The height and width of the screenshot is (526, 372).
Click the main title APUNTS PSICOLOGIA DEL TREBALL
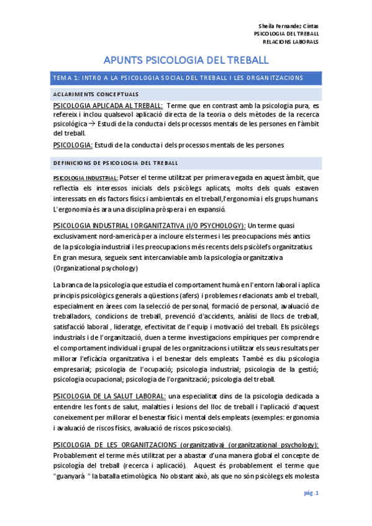coord(186,60)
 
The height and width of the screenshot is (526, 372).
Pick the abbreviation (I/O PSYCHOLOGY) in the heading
coord(214,225)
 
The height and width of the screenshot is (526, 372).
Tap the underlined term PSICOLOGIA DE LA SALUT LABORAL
coord(110,396)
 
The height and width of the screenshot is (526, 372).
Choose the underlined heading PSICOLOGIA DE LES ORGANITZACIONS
coord(116,445)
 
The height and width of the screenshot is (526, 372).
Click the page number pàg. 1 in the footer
coord(311,493)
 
